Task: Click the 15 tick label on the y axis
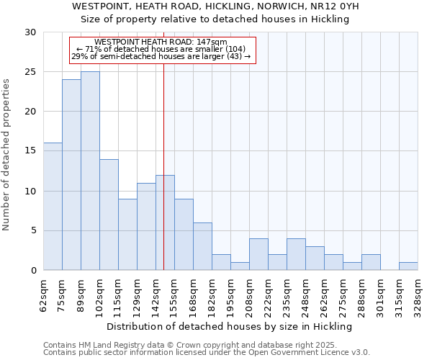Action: tap(30, 151)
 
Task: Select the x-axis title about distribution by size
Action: tap(230, 326)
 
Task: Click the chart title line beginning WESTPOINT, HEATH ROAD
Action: tap(216, 6)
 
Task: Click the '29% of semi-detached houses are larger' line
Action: tap(161, 56)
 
